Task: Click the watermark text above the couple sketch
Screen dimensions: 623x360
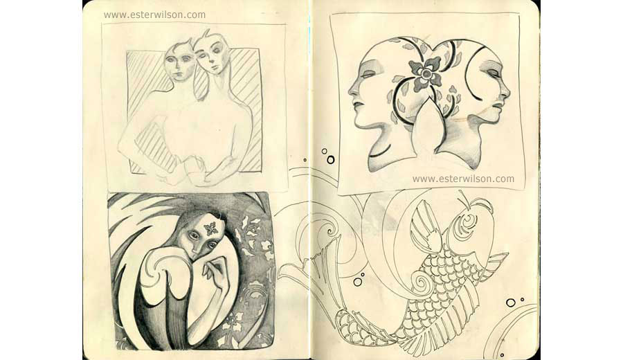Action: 154,15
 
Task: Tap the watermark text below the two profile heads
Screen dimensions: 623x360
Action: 463,179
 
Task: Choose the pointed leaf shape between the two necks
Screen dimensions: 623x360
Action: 428,127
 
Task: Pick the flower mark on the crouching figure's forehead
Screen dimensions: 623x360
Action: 211,227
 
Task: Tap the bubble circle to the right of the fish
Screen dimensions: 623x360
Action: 511,303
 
